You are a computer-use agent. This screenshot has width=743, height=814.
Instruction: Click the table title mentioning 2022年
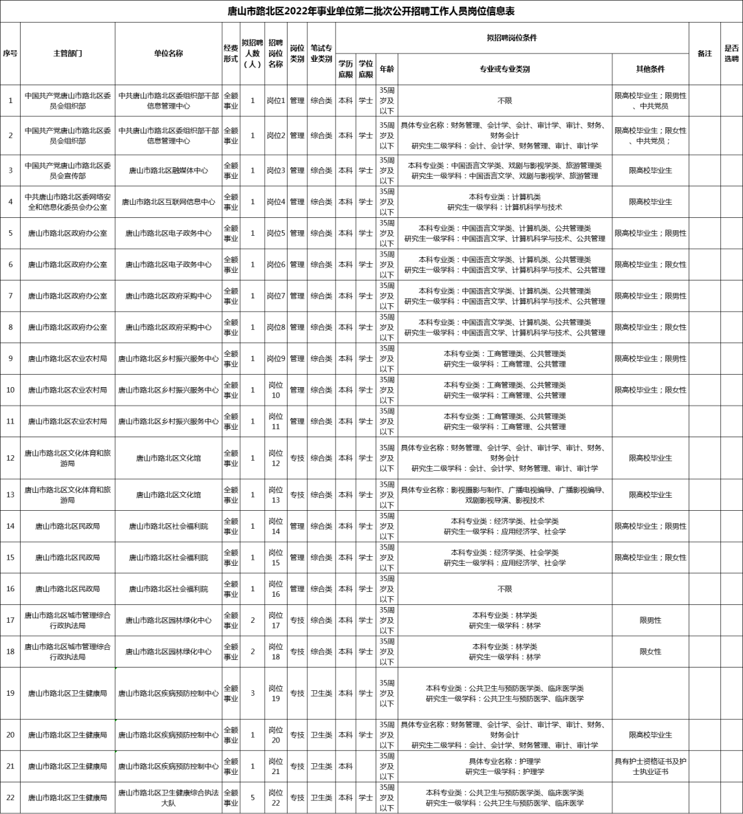click(371, 12)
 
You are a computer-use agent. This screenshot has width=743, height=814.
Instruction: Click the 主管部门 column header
click(67, 54)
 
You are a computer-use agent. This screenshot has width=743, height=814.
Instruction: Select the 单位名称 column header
click(169, 54)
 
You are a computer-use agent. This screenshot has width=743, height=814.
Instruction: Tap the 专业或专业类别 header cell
click(504, 69)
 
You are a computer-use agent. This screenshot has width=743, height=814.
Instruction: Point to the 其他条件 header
click(650, 69)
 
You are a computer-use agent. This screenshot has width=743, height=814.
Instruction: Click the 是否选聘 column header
click(731, 54)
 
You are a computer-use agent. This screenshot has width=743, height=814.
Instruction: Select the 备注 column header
click(704, 54)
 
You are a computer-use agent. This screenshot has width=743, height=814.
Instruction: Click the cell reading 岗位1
click(276, 101)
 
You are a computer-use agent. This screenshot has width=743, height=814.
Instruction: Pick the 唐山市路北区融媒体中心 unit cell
click(169, 170)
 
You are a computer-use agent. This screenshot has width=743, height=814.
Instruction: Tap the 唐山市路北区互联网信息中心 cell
click(169, 202)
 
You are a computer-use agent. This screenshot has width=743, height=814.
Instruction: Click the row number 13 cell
click(10, 495)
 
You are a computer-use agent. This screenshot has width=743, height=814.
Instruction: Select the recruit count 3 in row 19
click(252, 693)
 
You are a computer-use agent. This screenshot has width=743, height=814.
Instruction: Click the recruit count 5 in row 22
click(252, 797)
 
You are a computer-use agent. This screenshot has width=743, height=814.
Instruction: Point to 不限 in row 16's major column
click(504, 589)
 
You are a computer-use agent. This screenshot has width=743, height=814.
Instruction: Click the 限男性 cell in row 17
click(650, 620)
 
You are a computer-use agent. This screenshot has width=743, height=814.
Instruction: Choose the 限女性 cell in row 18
click(650, 652)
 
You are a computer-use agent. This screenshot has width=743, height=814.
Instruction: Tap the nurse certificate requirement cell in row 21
click(650, 767)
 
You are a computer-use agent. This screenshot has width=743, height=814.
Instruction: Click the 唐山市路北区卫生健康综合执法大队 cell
click(169, 797)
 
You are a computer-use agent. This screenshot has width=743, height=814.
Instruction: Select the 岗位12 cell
click(276, 458)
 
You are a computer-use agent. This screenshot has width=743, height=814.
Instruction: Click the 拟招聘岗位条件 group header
click(511, 38)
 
